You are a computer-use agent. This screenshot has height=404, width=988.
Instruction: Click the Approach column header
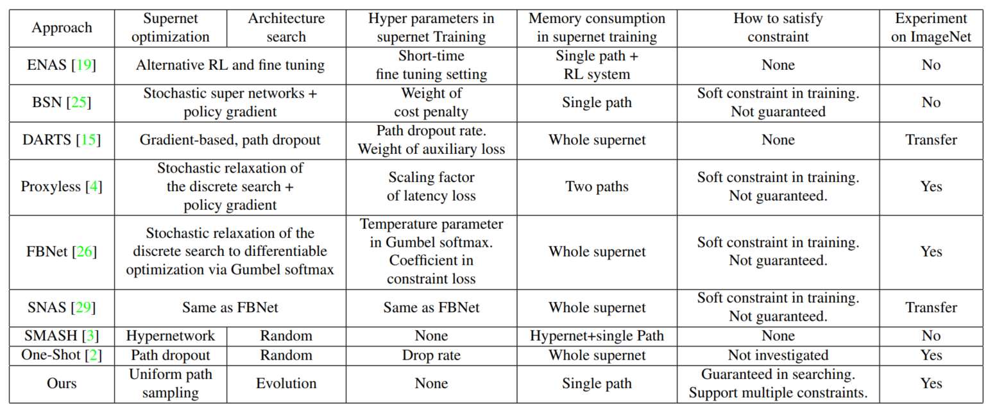point(62,28)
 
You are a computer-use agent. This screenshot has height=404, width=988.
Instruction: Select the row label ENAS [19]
point(62,65)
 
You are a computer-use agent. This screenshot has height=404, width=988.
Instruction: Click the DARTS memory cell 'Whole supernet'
point(597,140)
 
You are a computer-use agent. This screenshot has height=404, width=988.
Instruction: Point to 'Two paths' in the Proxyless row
point(597,187)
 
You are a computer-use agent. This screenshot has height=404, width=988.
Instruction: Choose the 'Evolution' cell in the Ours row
point(286,383)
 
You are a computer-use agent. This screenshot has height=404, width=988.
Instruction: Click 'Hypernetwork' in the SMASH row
point(171,335)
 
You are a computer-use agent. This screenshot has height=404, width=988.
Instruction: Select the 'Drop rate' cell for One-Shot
point(431,355)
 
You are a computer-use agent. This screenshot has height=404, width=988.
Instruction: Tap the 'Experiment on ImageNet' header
point(931,28)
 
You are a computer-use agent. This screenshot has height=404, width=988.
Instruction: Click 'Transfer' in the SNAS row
point(931,308)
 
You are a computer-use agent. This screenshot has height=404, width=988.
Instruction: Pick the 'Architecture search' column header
point(286,28)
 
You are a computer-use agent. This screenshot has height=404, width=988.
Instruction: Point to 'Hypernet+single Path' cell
point(597,335)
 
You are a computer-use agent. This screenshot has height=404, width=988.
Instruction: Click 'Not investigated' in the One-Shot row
point(778,355)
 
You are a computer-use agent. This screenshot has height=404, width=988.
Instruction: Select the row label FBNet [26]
point(62,251)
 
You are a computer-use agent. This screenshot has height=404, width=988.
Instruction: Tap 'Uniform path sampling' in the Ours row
point(171,383)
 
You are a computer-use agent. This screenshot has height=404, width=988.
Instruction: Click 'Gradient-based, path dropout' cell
point(229,140)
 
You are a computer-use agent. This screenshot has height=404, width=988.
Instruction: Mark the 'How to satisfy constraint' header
point(778,28)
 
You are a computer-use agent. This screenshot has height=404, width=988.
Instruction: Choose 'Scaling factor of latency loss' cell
point(431,187)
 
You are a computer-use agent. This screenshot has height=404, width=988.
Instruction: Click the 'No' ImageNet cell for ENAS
point(931,65)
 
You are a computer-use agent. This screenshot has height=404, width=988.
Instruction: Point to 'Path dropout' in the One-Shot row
point(171,355)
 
